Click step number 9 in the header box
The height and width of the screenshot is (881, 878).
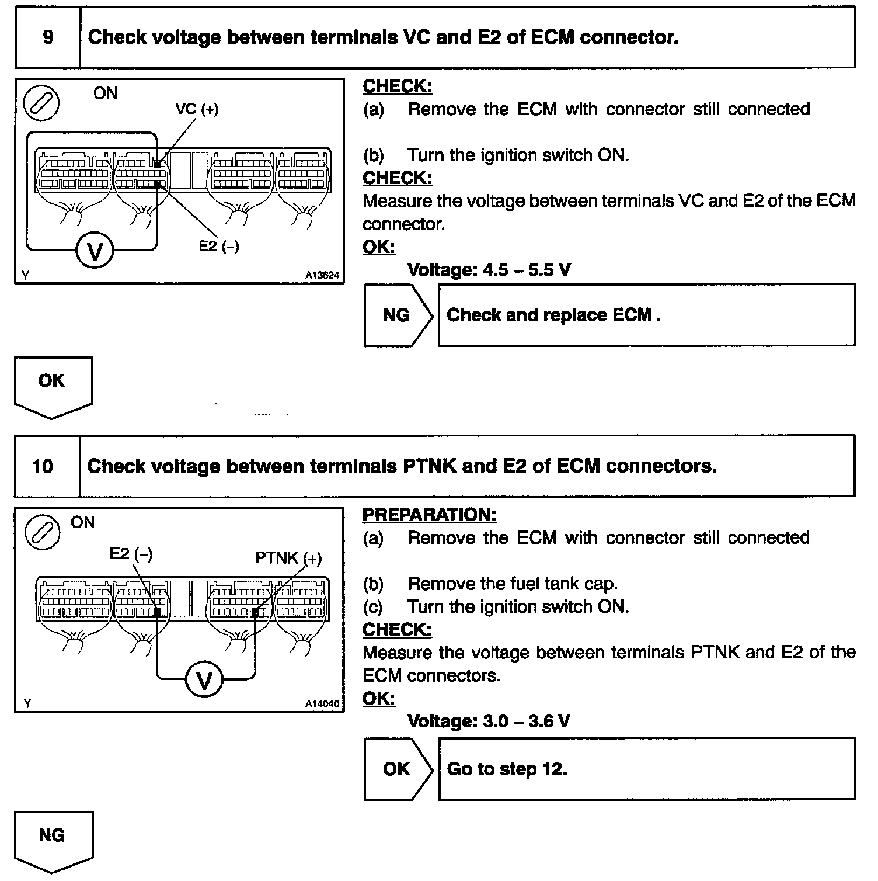[48, 37]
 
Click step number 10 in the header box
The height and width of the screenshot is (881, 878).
[43, 466]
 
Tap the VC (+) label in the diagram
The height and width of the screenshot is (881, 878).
[197, 109]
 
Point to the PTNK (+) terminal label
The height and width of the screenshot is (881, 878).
[288, 558]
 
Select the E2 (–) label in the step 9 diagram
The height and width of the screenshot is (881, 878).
[219, 247]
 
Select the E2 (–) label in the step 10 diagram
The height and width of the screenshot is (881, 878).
[131, 553]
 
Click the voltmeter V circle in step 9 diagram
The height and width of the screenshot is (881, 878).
[95, 251]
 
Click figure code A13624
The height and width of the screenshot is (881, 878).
[322, 275]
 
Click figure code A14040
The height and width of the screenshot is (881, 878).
[322, 704]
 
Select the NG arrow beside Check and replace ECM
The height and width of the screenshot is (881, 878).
[399, 315]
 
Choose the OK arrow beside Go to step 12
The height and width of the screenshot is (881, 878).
[399, 769]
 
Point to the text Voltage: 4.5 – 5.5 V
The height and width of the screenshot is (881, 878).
[489, 270]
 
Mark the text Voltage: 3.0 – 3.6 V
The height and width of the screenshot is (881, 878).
[489, 722]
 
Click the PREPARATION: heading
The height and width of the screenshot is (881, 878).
[429, 515]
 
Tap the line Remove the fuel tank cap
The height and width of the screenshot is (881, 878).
[512, 584]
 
